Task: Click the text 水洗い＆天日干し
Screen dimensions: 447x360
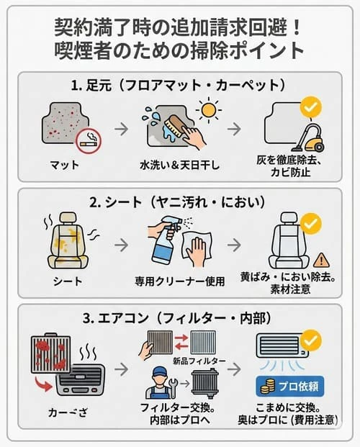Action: coord(179,166)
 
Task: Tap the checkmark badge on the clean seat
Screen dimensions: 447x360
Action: coord(311,224)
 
